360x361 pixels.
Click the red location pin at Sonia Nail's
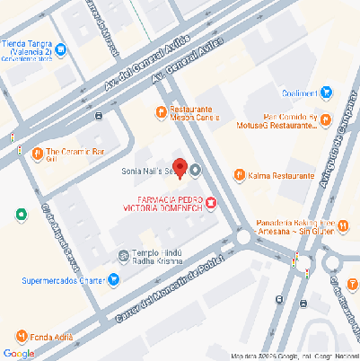point(179,167)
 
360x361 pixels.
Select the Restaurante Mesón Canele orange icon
point(162,112)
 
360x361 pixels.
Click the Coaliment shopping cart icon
point(327,91)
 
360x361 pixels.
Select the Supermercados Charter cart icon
point(114,279)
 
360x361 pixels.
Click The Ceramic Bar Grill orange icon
point(37,153)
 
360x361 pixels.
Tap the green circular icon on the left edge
point(21,215)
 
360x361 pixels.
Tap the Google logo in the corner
point(19,353)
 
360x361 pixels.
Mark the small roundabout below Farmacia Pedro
point(243,238)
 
